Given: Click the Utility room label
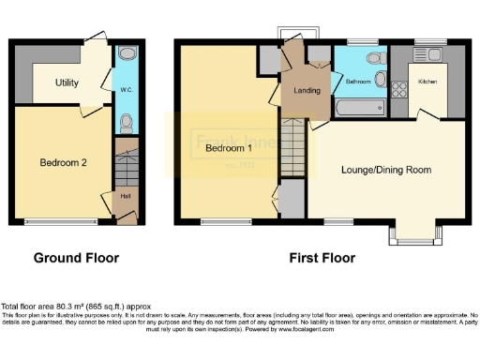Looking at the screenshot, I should tap(66, 83).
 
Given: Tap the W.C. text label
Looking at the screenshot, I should tap(126, 91).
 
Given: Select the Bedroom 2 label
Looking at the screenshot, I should tap(63, 162).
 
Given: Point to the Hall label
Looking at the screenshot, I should tap(124, 196).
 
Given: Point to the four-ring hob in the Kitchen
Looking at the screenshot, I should tap(397, 91).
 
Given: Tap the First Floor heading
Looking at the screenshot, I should tap(321, 257).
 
